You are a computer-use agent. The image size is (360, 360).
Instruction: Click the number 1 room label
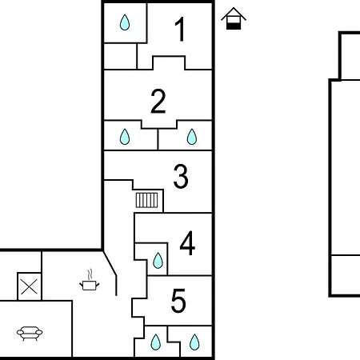(180, 29)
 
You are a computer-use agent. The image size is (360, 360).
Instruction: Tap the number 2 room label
(158, 102)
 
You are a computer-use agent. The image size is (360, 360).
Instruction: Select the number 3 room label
(181, 176)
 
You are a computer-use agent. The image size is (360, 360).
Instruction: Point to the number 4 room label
(187, 243)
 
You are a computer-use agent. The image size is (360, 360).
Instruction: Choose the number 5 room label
(178, 301)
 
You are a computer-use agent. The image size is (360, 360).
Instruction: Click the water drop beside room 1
(125, 22)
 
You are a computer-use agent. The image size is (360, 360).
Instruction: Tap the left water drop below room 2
(125, 137)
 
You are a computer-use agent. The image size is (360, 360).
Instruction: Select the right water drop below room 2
(192, 137)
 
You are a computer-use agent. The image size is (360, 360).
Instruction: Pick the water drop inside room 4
(158, 260)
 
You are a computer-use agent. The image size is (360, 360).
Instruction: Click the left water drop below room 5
(156, 342)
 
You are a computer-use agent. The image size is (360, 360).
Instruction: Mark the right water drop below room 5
(194, 342)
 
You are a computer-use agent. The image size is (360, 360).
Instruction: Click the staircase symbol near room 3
(146, 200)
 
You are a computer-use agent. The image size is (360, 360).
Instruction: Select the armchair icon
(30, 334)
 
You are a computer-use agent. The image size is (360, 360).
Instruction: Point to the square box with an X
(30, 286)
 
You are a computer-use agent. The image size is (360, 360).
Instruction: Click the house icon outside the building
(234, 18)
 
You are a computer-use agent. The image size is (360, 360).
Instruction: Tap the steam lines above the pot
(90, 274)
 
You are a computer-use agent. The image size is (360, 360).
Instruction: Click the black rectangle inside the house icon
(234, 26)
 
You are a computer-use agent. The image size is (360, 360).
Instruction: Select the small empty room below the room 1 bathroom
(120, 56)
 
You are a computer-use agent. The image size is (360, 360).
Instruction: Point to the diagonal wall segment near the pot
(110, 263)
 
